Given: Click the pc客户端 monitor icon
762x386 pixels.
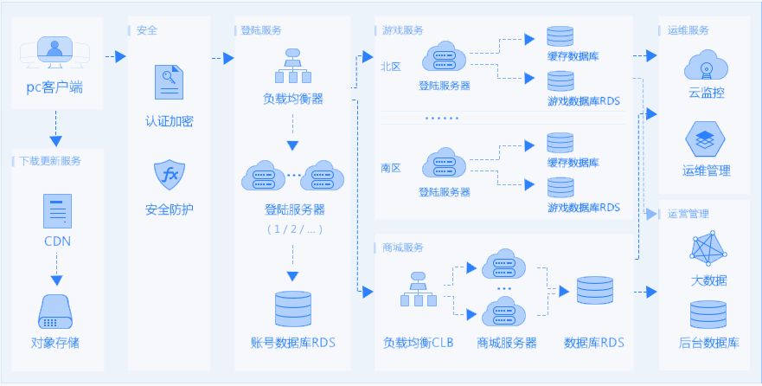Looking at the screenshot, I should click(x=55, y=54).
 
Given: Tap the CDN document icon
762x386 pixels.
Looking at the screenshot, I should click(x=57, y=210).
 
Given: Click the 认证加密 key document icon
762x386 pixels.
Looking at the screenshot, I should click(x=170, y=83).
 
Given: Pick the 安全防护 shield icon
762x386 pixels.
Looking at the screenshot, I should click(x=170, y=175).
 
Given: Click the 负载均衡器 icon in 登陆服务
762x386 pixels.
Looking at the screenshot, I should click(x=293, y=63).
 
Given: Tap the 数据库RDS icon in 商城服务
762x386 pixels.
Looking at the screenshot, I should click(x=594, y=291).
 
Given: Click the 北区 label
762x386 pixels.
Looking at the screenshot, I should click(x=391, y=67).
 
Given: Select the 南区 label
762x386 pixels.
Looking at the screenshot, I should click(x=391, y=167).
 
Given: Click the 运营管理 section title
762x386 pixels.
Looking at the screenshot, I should click(x=688, y=214).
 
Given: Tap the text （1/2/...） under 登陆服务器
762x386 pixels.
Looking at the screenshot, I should click(x=293, y=229).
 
